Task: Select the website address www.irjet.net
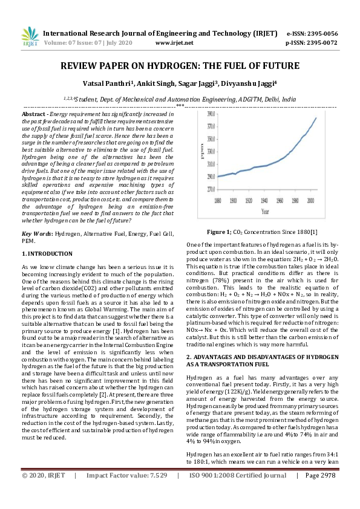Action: (x=174, y=44)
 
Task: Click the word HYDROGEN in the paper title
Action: (x=163, y=66)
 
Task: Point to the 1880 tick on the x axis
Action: (x=222, y=199)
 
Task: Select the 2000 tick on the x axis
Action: (x=310, y=199)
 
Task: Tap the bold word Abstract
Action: (x=34, y=114)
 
